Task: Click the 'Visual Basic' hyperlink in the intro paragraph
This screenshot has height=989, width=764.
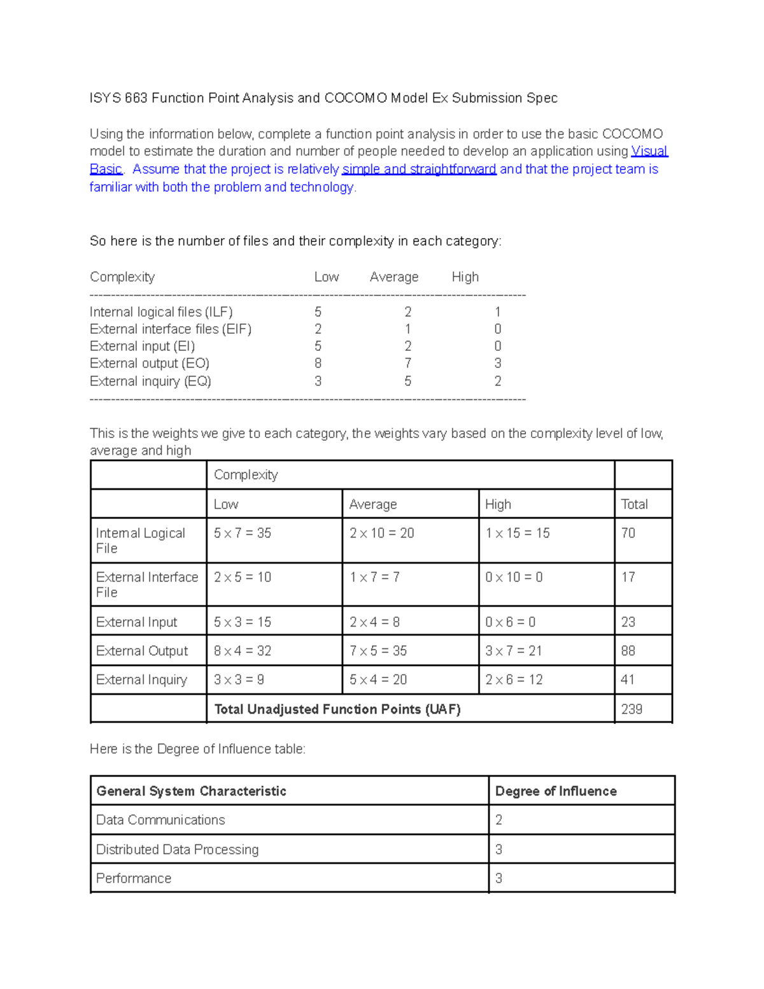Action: (x=649, y=152)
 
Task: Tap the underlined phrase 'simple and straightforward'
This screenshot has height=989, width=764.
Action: (x=419, y=169)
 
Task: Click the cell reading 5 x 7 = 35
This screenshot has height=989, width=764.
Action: (x=243, y=533)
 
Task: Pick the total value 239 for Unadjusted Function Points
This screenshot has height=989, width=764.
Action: (x=632, y=709)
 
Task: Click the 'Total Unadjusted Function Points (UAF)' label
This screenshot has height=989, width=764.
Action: (x=337, y=709)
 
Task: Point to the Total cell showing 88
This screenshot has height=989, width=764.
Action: (x=628, y=651)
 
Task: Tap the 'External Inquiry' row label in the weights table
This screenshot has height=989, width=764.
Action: (x=141, y=680)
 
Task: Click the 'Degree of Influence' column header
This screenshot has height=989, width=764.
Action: (x=556, y=791)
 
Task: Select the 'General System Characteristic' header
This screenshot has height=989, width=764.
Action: (x=191, y=791)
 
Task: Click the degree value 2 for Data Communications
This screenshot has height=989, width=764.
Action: (x=499, y=820)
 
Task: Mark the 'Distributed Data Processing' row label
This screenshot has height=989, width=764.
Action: (x=177, y=850)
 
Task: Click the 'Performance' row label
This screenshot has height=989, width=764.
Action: (x=134, y=879)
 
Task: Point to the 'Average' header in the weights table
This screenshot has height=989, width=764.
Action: (x=373, y=504)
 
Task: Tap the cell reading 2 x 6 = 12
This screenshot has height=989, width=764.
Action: (x=514, y=680)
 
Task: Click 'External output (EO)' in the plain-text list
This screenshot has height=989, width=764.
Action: (x=150, y=364)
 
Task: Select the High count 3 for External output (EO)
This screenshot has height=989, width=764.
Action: (x=498, y=364)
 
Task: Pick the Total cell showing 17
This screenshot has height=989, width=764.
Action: (x=628, y=577)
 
